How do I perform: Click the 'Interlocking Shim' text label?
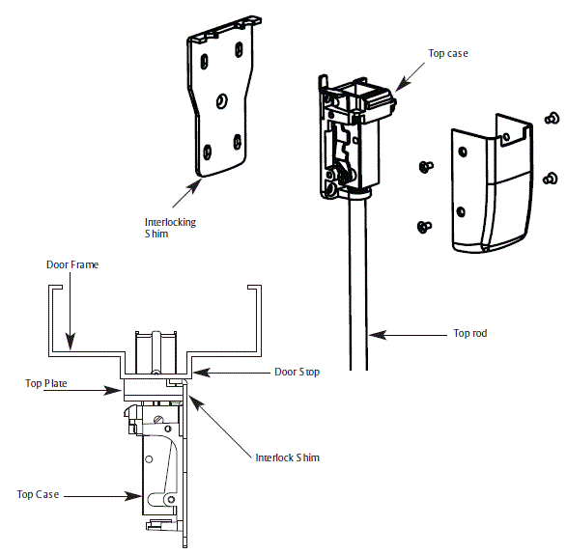[169, 228]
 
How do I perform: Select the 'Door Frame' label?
[72, 264]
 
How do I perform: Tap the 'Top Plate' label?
[45, 383]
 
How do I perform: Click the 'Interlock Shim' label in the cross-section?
[287, 457]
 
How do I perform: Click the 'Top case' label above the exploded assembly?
[448, 53]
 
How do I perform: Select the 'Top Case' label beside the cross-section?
[38, 495]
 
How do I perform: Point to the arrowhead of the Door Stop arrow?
[195, 371]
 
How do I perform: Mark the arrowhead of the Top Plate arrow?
[122, 390]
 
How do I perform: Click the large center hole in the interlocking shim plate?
[221, 100]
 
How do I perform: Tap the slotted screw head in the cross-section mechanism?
[157, 417]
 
